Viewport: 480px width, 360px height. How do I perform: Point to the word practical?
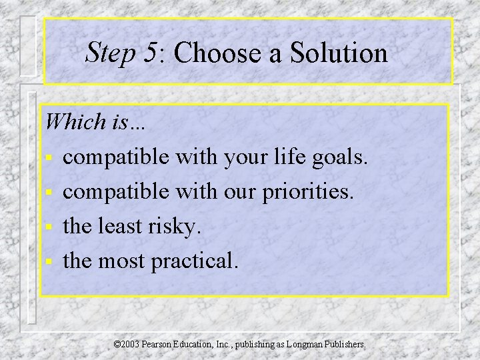pyautogui.click(x=194, y=263)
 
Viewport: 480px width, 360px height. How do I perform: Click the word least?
pyautogui.click(x=124, y=227)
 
